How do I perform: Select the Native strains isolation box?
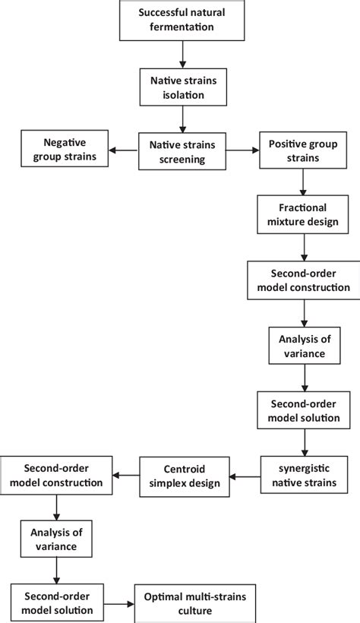[182, 87]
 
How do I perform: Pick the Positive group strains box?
[303, 148]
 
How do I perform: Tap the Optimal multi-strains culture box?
[196, 602]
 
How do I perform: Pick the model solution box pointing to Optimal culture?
[58, 602]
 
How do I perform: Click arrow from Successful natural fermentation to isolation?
[182, 52]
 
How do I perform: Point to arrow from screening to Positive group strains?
[243, 149]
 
